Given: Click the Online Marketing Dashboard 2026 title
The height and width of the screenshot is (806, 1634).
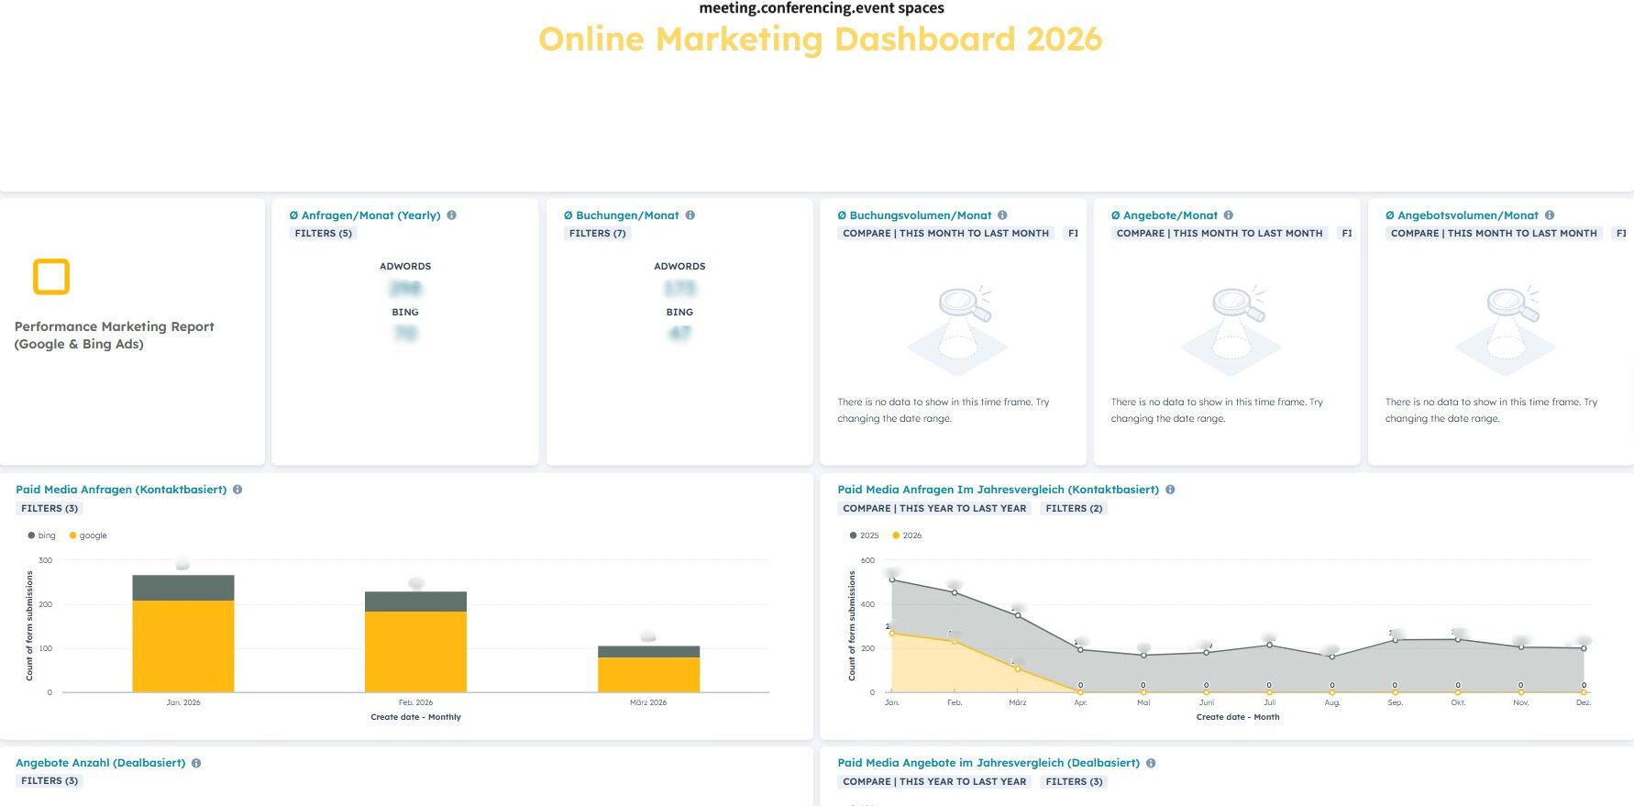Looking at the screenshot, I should point(820,39).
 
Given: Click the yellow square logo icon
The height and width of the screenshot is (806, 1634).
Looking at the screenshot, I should point(51,276).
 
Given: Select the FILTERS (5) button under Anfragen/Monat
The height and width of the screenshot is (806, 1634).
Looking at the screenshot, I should point(323,234).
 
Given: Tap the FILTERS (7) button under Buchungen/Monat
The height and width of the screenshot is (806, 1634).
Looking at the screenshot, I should point(597,234).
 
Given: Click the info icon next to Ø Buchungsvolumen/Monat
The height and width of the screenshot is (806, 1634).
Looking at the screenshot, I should point(1002,215).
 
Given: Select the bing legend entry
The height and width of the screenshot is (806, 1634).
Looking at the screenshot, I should point(42,535).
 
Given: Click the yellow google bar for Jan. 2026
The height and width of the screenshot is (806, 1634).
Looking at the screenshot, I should point(183,646).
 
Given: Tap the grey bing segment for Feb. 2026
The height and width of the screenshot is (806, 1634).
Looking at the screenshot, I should point(415,602).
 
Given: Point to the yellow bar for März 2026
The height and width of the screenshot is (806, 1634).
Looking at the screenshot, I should point(648,675).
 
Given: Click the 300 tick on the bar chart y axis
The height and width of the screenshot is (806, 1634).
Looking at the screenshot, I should point(46,560).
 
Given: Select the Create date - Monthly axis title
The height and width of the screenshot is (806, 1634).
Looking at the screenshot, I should point(415,717).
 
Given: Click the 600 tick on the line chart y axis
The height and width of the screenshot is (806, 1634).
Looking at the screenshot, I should point(867,560).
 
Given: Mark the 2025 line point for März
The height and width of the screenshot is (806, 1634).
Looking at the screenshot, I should point(1018,615).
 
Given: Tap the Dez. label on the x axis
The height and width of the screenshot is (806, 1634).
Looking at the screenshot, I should point(1584,702).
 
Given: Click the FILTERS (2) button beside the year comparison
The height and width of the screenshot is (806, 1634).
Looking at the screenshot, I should point(1074,508).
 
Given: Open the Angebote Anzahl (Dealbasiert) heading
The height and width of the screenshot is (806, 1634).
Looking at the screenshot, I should point(100,763).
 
